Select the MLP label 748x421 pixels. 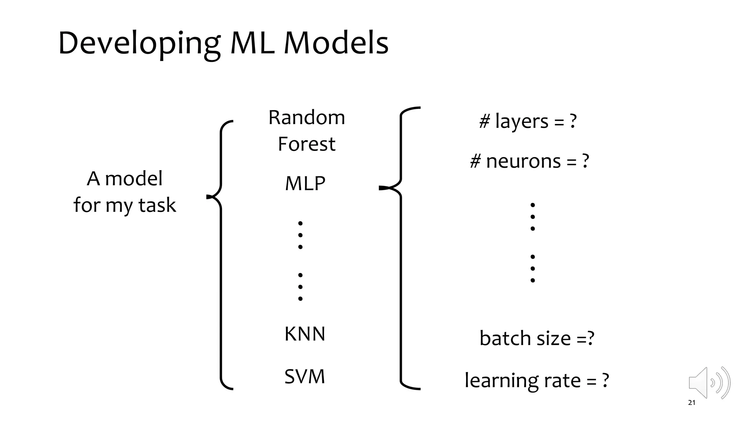coord(305,183)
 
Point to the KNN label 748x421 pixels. coord(305,334)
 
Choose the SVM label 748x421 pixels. coord(305,376)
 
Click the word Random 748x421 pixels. coord(306,118)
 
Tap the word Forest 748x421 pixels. coord(306,144)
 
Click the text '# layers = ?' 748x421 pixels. coord(528,121)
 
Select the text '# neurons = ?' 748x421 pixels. coord(529,161)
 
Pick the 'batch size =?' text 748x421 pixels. coord(537,338)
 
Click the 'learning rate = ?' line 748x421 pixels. coord(537,380)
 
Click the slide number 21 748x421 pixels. coord(691,403)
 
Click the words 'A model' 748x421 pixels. coord(125,179)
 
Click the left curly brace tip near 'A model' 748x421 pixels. coord(209,197)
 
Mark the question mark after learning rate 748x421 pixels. coord(605,380)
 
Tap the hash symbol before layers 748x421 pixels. coord(484,121)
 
